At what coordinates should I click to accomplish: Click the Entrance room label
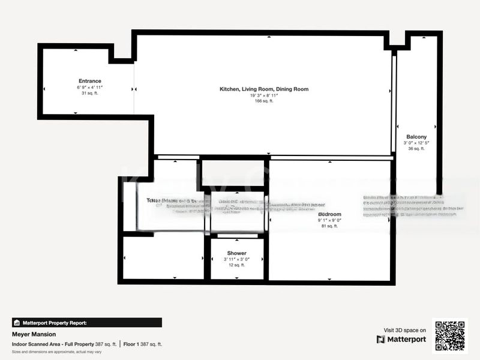89,81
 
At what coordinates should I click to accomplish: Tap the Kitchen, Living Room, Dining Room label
264,89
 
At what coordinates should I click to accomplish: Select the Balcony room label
416,137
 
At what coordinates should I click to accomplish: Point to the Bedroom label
329,214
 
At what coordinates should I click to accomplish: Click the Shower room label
236,253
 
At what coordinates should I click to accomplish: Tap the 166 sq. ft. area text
264,101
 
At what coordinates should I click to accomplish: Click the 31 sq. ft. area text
89,93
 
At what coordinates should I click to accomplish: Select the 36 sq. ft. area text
416,149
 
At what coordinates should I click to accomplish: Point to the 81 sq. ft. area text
329,226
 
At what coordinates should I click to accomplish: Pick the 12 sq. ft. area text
236,265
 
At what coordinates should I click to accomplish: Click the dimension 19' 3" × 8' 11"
264,95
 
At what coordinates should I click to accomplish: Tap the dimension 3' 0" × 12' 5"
416,143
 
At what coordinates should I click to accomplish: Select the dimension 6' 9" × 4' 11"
89,88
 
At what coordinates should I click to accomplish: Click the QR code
449,336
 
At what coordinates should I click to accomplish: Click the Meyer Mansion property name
34,334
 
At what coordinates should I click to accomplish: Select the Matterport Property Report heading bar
87,323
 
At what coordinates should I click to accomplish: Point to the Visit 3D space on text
405,330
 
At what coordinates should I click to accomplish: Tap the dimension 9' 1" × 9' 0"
329,220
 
